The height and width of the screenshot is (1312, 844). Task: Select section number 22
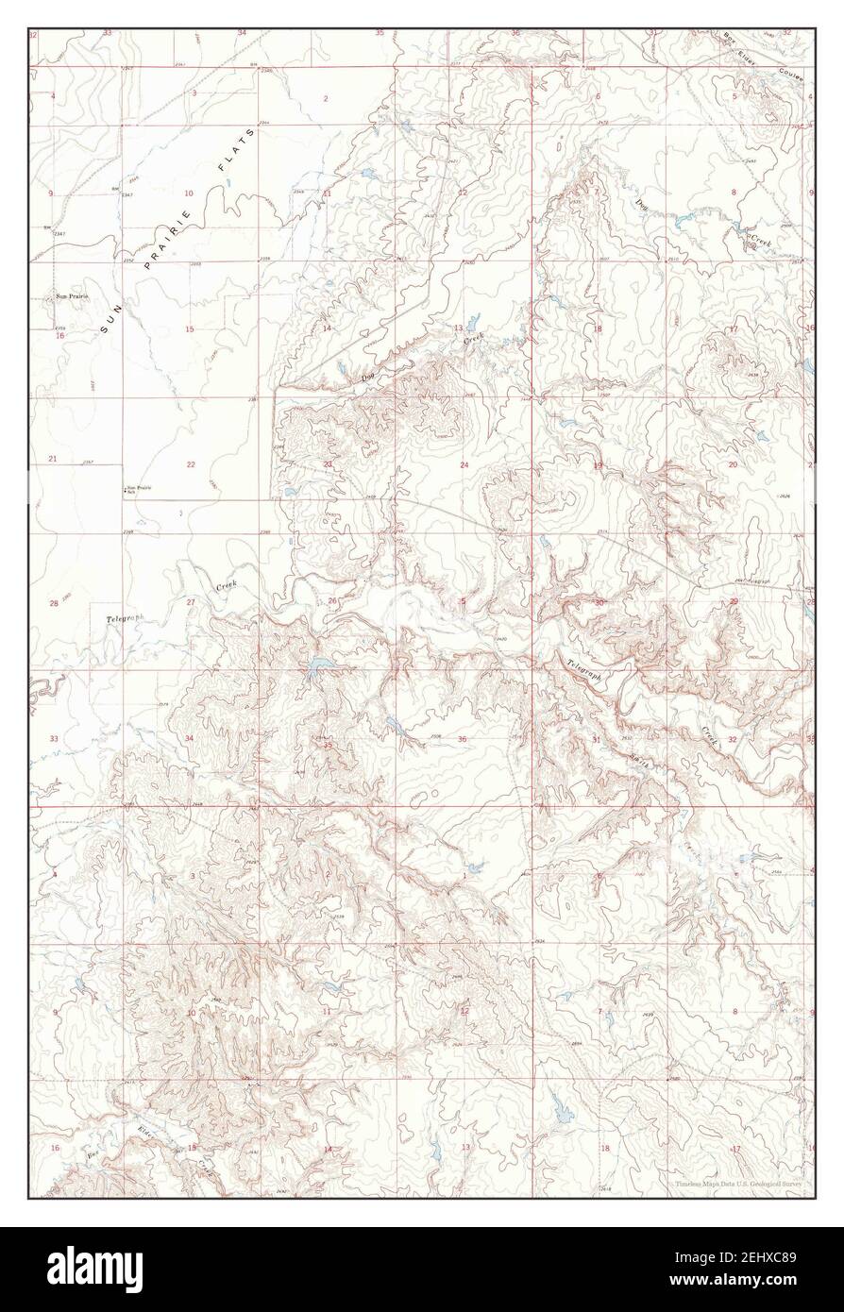(191, 463)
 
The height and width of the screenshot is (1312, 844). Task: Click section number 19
(597, 465)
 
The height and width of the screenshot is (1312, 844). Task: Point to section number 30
(598, 602)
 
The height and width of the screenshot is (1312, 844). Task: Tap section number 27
(190, 601)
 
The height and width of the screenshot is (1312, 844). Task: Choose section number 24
(464, 465)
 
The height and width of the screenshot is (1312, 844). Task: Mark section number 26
(332, 600)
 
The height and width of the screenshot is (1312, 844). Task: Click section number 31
(596, 738)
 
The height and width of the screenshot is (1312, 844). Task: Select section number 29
(734, 601)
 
